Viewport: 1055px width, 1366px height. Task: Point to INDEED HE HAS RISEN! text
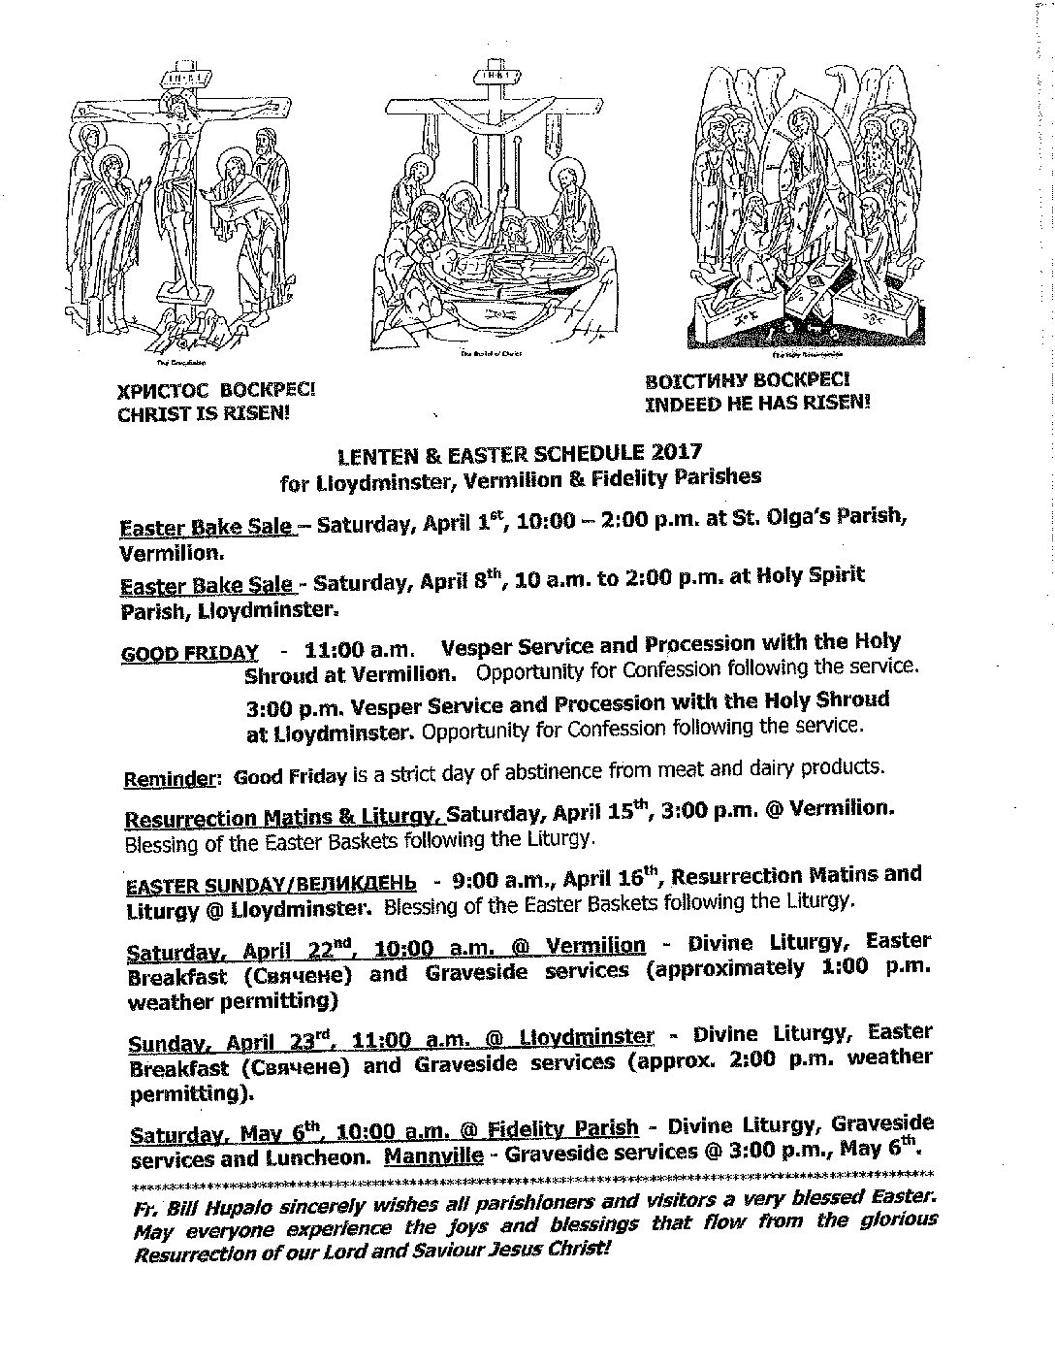tap(757, 403)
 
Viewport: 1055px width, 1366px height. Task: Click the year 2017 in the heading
tap(675, 451)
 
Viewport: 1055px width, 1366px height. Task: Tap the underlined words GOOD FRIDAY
tap(190, 653)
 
